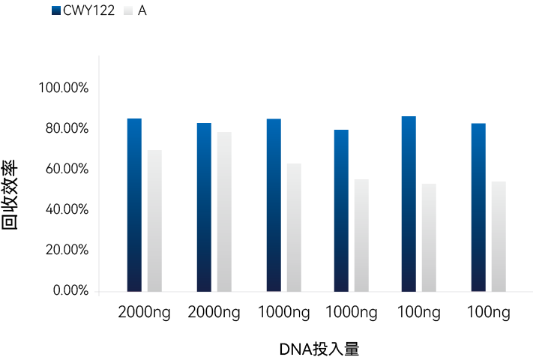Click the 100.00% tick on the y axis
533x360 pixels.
point(64,88)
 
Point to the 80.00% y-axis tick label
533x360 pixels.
point(67,129)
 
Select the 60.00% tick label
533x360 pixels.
point(67,169)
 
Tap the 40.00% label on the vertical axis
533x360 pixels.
point(67,209)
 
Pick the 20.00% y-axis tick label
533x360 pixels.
point(67,250)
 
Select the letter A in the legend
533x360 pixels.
point(142,11)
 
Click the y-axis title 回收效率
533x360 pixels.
point(10,195)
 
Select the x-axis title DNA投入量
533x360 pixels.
point(320,349)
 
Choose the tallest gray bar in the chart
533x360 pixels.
point(224,211)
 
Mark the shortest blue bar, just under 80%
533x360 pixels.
point(341,210)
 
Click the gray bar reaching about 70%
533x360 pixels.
point(154,220)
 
